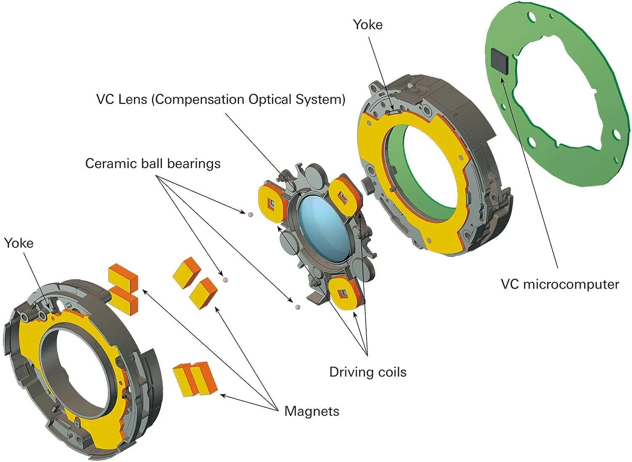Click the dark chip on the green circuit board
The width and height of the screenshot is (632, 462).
point(500,60)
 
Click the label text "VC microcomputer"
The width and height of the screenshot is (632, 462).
point(560,284)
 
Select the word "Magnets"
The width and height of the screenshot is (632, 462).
point(311,411)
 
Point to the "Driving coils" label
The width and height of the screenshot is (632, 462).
point(368,372)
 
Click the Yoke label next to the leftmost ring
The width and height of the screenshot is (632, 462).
point(19,243)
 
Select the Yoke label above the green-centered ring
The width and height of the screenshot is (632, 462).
point(367,24)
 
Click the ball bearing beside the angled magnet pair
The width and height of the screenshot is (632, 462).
point(225,279)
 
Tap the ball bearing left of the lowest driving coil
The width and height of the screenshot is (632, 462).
point(298,307)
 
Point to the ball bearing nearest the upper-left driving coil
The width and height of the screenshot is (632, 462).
point(251,215)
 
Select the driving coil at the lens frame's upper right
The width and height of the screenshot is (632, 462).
point(345,195)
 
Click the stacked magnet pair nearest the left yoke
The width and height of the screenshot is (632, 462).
point(123,289)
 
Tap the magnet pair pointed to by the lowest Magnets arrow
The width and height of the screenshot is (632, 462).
point(195,379)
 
